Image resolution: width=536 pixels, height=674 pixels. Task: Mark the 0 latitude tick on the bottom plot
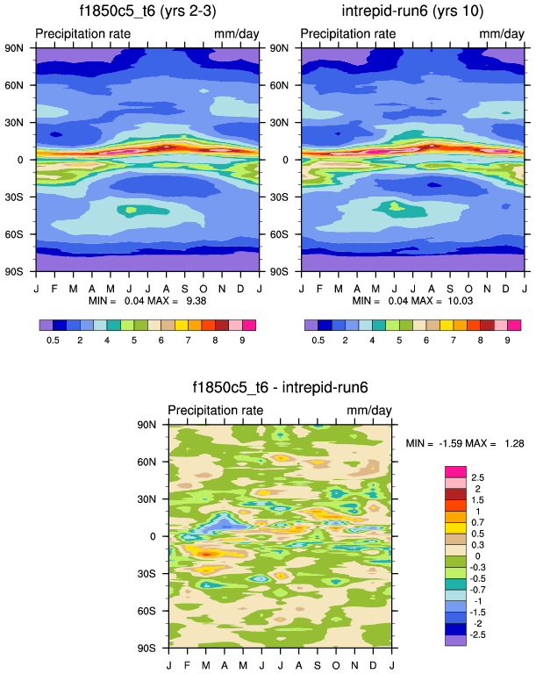pos(161,536)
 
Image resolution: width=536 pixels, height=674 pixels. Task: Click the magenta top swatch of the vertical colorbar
pos(456,472)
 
